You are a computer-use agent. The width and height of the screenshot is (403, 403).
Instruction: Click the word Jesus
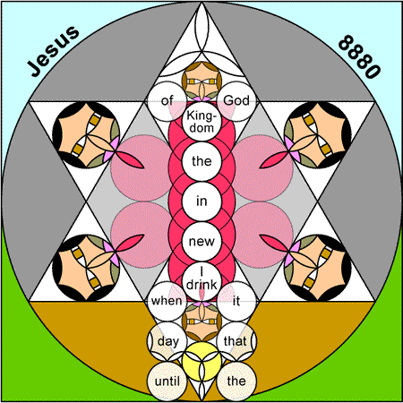point(53,51)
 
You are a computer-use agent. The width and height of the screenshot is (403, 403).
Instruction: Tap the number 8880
point(360,56)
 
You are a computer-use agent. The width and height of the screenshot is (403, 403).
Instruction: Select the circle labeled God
point(236,101)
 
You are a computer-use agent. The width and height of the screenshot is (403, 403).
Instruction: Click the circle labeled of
point(167,101)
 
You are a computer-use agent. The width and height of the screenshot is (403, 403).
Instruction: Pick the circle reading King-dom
point(201,122)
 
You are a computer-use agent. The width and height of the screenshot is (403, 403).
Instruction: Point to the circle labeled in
point(201,201)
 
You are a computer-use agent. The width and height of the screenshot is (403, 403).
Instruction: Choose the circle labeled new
point(201,241)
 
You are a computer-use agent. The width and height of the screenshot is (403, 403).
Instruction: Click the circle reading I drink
point(201,281)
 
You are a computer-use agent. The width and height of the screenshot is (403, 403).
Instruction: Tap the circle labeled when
point(167,301)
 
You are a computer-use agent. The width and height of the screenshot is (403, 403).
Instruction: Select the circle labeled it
point(236,301)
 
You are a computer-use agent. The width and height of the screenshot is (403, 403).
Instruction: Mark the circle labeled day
point(167,341)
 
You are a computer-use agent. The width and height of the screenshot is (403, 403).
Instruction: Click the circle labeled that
point(236,341)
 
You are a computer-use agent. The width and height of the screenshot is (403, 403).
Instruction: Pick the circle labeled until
point(167,381)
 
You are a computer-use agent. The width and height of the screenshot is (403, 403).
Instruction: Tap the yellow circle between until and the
point(201,361)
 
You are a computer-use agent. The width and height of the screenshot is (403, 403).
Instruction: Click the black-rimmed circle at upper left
point(86,135)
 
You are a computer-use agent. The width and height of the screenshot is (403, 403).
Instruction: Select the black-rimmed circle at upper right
point(317,135)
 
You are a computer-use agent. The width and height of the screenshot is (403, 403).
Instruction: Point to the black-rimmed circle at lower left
point(86,268)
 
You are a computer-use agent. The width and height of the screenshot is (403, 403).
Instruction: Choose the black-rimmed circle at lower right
point(317,268)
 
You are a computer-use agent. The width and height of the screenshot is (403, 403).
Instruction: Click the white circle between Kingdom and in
point(201,161)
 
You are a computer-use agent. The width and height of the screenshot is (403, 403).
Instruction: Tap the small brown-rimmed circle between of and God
point(201,81)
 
